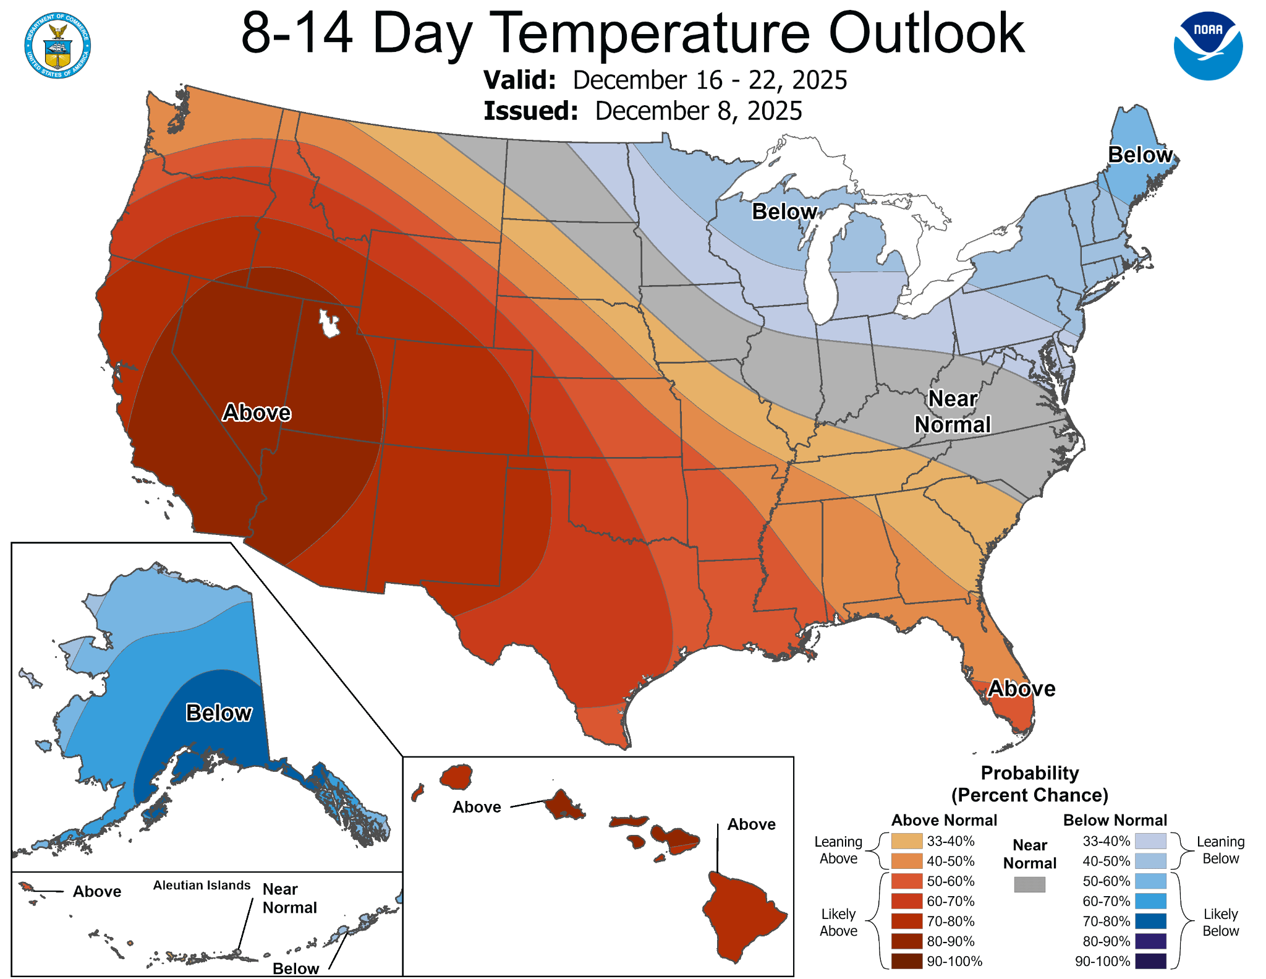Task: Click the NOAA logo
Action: [x=1208, y=46]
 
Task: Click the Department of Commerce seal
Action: [x=57, y=46]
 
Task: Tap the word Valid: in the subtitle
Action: [x=519, y=80]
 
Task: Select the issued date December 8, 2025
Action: [x=698, y=111]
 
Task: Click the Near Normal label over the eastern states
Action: [x=953, y=412]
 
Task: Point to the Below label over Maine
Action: [x=1140, y=155]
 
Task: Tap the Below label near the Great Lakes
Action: [x=784, y=212]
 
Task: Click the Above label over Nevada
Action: [x=257, y=413]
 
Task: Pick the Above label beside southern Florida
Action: [x=1021, y=688]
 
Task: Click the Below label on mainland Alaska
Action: [x=219, y=713]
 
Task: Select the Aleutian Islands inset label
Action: [x=202, y=885]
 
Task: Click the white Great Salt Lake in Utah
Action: [x=329, y=323]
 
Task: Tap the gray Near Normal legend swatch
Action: [x=1029, y=884]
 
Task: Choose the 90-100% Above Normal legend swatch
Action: [x=907, y=961]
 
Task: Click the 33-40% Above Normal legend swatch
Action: [x=907, y=841]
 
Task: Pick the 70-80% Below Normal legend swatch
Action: [x=1150, y=921]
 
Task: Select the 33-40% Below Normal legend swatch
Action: [x=1150, y=841]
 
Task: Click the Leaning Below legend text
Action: [x=1220, y=850]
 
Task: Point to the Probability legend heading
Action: [x=1029, y=773]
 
